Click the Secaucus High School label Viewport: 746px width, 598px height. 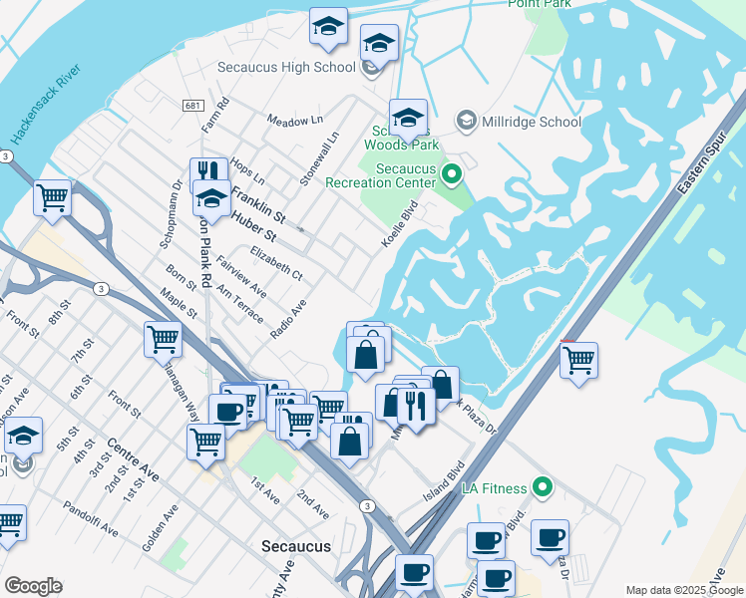click(286, 67)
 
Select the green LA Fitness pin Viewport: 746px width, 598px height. click(542, 487)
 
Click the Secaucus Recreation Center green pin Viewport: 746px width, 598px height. click(451, 175)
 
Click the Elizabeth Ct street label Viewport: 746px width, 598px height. click(276, 262)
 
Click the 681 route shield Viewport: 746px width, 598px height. click(193, 105)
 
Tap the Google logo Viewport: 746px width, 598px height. click(33, 586)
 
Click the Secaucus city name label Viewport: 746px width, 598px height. click(295, 546)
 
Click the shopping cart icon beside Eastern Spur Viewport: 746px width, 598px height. click(578, 360)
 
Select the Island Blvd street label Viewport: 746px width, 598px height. click(445, 481)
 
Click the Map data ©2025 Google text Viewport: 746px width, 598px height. click(683, 589)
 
